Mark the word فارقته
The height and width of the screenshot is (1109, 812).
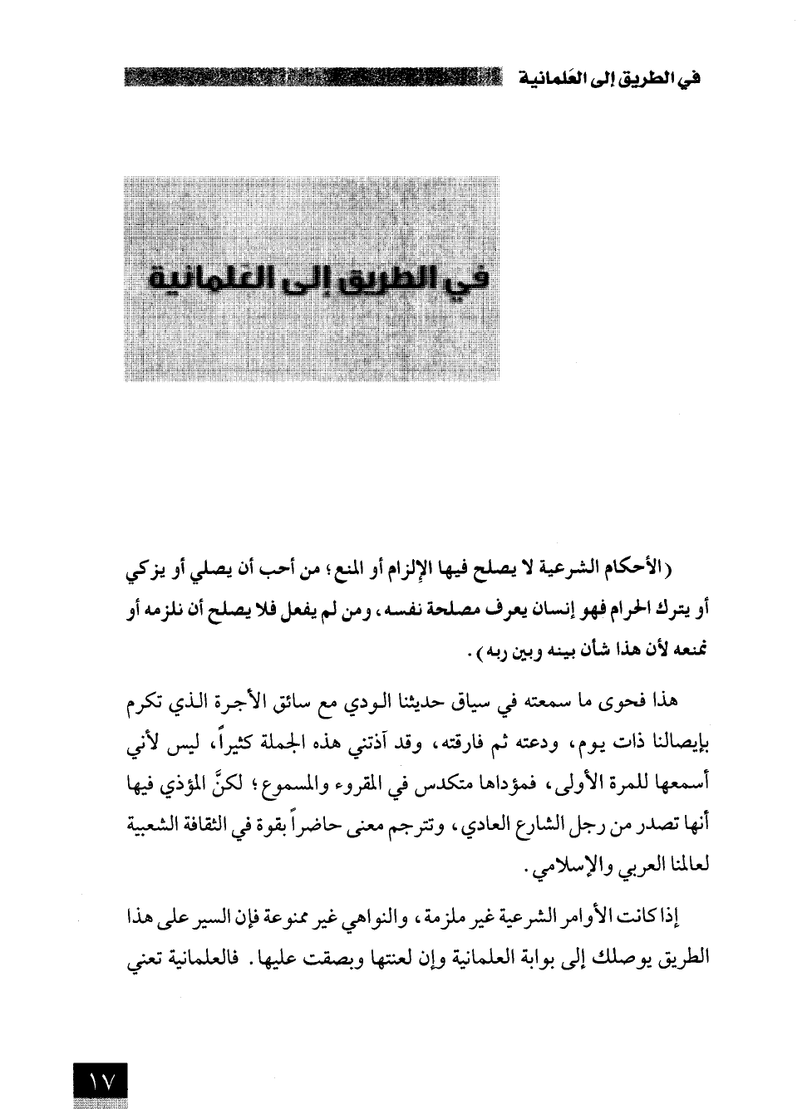coord(465,742)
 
